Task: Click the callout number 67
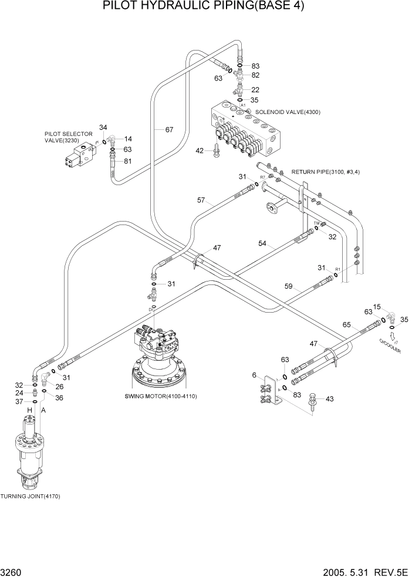click(x=169, y=129)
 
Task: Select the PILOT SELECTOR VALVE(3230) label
click(x=69, y=138)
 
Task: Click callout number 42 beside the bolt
click(x=200, y=151)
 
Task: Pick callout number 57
click(x=201, y=200)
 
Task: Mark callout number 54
click(x=263, y=243)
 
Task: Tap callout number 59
click(x=288, y=287)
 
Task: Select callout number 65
click(x=346, y=324)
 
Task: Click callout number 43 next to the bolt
click(x=329, y=400)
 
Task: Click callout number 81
click(x=128, y=162)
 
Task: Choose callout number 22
click(x=255, y=89)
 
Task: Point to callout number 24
click(x=19, y=393)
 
